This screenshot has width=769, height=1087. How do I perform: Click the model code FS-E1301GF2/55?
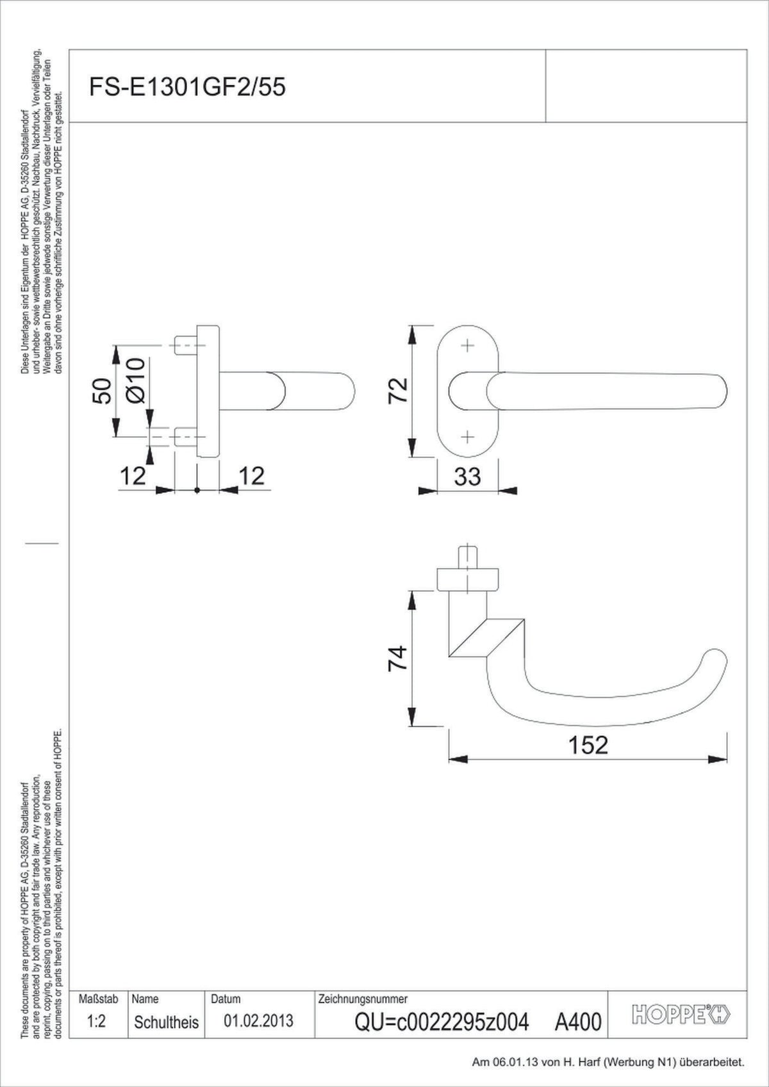(187, 88)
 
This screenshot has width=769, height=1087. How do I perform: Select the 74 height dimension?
(397, 658)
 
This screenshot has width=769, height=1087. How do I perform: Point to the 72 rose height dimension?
(397, 390)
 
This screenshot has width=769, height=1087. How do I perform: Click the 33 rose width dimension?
(468, 476)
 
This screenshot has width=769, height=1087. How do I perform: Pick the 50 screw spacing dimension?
(102, 391)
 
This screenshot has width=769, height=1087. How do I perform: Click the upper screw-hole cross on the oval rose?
(467, 345)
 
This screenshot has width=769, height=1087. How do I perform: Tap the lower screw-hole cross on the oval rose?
(467, 437)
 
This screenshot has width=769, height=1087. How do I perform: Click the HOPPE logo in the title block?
(682, 1014)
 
